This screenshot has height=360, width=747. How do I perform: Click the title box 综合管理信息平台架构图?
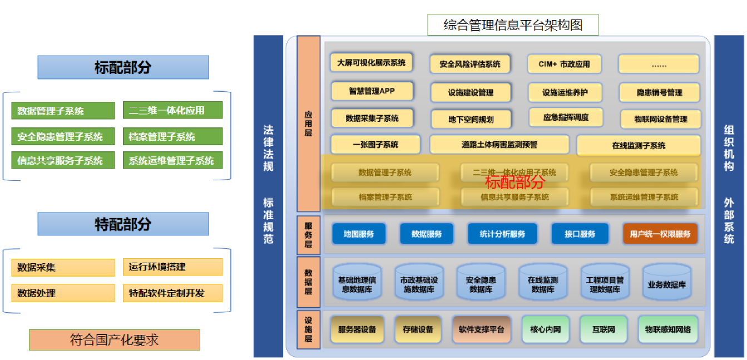[x=513, y=25]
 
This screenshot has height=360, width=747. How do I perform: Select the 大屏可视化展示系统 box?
[x=371, y=63]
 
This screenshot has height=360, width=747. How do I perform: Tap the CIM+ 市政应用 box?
[x=564, y=64]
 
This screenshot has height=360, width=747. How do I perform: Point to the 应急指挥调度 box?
[x=566, y=117]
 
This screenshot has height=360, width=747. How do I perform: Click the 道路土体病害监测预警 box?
[x=499, y=145]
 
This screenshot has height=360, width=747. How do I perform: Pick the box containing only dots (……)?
[x=659, y=64]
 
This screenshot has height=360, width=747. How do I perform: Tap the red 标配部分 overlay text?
[x=515, y=182]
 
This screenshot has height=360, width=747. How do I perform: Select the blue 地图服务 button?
[x=359, y=234]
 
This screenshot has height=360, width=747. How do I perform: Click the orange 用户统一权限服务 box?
[x=660, y=234]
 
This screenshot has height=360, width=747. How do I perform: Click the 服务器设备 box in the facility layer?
[x=357, y=329]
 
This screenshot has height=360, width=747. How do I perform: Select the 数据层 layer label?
[x=308, y=282]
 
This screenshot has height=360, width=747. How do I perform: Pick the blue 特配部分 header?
[x=123, y=224]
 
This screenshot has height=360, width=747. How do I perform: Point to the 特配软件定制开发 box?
[x=172, y=293]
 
